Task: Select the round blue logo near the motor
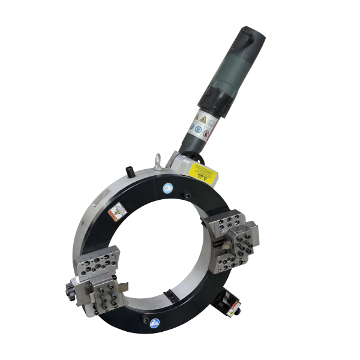pyautogui.click(x=168, y=188)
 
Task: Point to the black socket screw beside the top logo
pyautogui.click(x=187, y=196)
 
